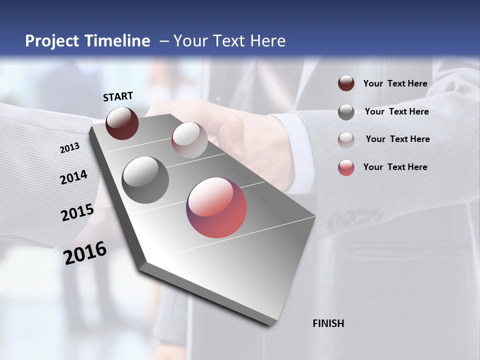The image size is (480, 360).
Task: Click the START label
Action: pyautogui.click(x=118, y=96)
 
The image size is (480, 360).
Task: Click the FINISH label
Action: pyautogui.click(x=328, y=323)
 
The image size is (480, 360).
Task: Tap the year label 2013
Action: pyautogui.click(x=70, y=147)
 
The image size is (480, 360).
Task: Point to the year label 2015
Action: pyautogui.click(x=77, y=212)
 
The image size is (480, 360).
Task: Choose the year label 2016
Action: pyautogui.click(x=85, y=252)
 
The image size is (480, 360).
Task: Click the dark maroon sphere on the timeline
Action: pyautogui.click(x=122, y=123)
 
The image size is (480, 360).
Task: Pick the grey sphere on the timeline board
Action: pyautogui.click(x=145, y=180)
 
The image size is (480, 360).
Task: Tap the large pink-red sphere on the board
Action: pyautogui.click(x=216, y=207)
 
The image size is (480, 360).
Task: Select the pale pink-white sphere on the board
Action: pyautogui.click(x=189, y=140)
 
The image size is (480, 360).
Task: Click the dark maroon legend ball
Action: pyautogui.click(x=346, y=83)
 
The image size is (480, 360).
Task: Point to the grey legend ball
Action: pyautogui.click(x=346, y=112)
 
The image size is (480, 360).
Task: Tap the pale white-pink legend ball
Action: pyautogui.click(x=346, y=140)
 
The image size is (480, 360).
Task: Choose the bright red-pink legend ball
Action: pyautogui.click(x=346, y=167)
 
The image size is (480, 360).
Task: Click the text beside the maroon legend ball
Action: pyautogui.click(x=395, y=83)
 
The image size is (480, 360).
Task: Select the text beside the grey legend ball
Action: pyautogui.click(x=396, y=111)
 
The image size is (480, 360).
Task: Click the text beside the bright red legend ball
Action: pyautogui.click(x=395, y=167)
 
